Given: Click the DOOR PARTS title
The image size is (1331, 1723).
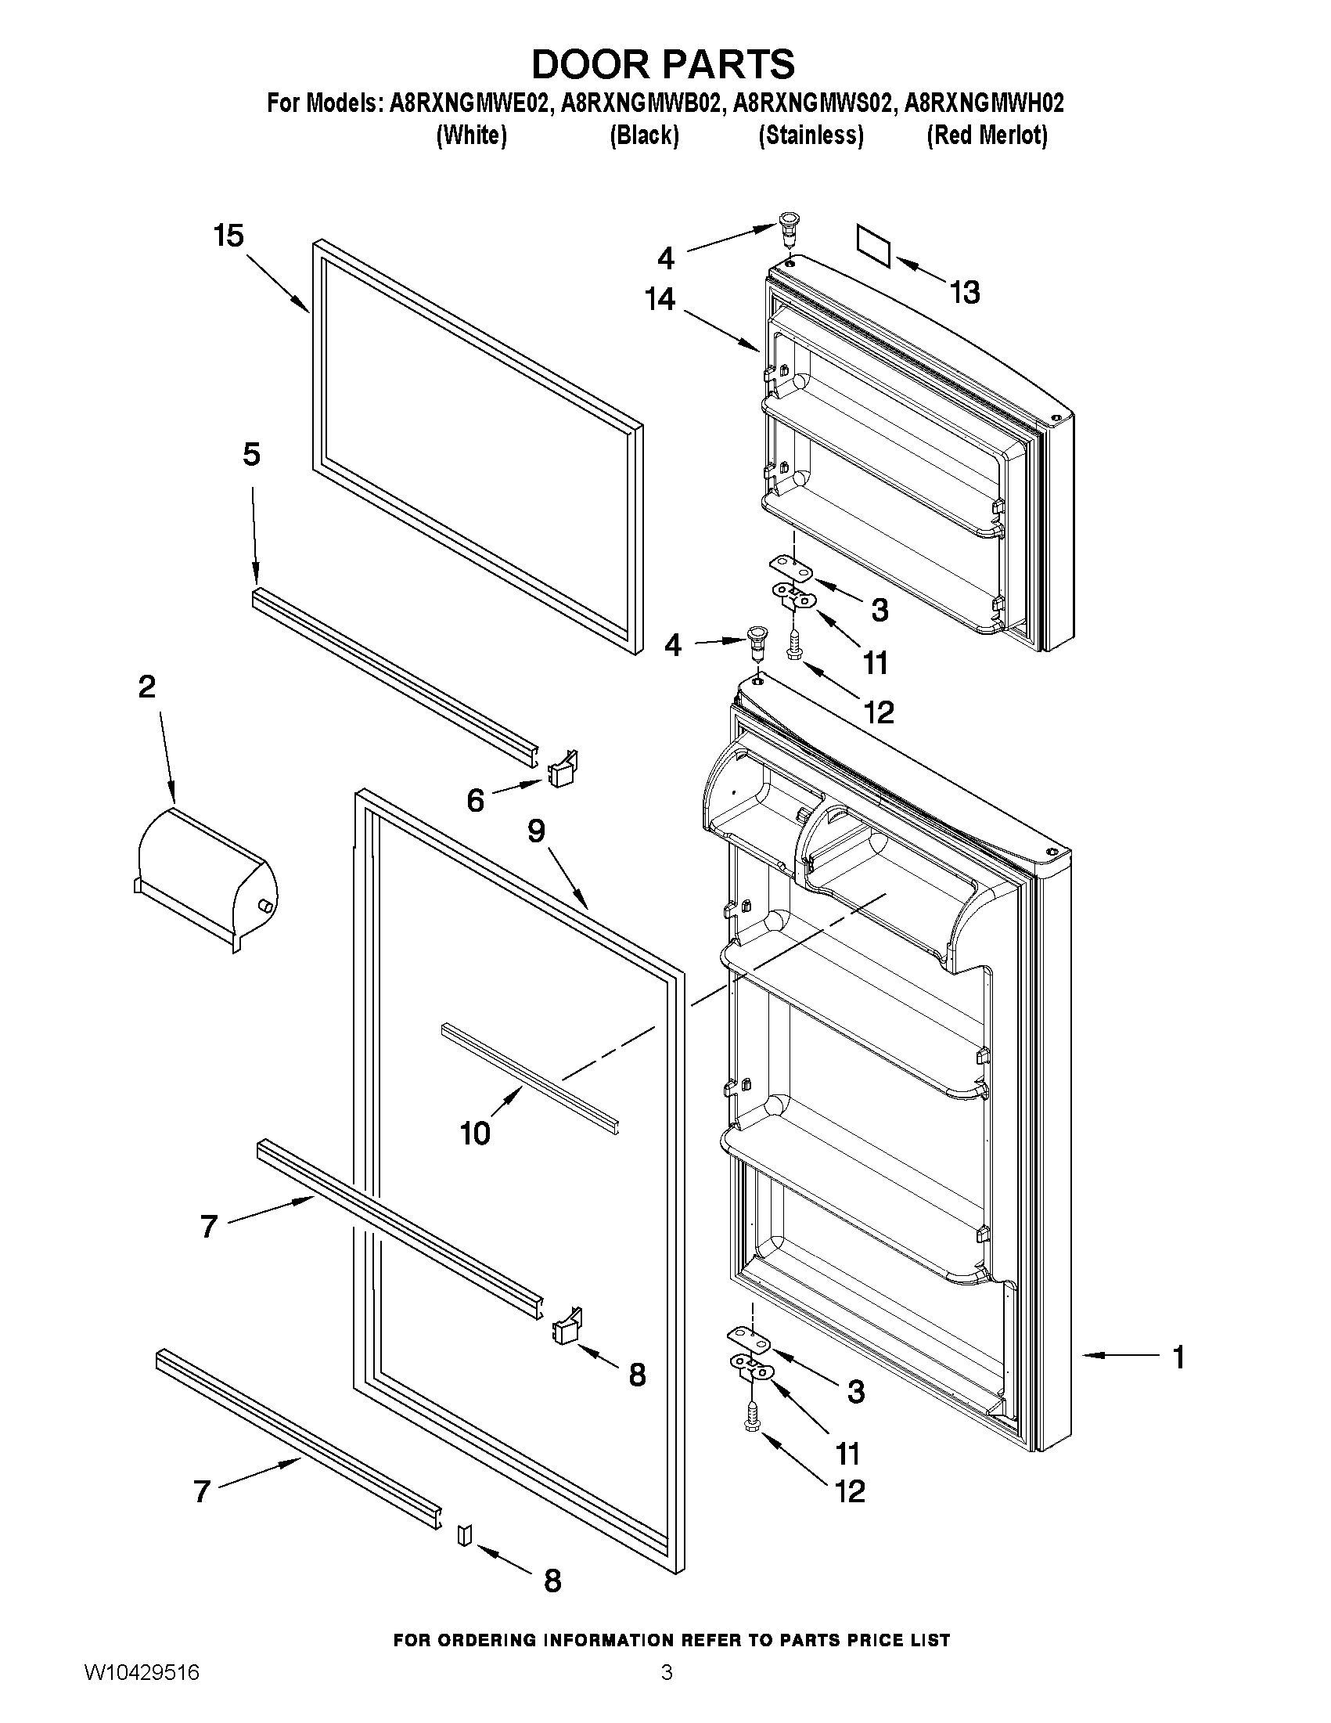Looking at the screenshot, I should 663,64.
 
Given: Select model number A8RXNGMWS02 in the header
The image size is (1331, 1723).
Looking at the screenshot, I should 815,103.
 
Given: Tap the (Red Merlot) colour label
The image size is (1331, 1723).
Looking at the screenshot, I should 987,135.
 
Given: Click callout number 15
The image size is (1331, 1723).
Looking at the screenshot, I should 228,236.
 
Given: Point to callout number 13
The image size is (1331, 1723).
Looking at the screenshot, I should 964,293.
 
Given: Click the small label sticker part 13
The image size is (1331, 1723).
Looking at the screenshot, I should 874,244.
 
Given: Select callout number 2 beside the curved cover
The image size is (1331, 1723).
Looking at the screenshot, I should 146,687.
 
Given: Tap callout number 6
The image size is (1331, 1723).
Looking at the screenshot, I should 475,801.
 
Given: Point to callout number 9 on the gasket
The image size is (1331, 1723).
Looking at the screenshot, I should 536,831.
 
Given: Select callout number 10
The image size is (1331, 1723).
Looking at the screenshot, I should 476,1134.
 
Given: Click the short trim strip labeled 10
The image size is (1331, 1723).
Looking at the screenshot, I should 530,1079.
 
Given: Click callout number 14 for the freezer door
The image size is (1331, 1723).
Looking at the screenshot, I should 659,299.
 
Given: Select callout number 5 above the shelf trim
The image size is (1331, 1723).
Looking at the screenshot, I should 250,454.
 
